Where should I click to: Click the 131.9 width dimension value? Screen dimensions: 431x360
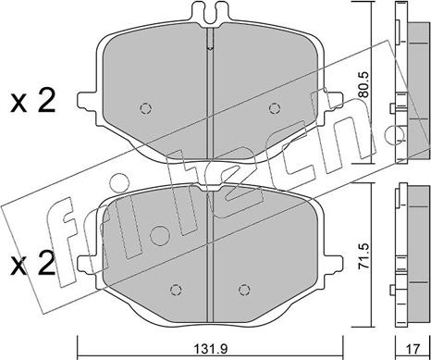click(x=211, y=350)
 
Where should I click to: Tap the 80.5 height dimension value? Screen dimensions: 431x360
click(x=364, y=85)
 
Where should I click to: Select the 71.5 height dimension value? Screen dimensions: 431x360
click(x=364, y=256)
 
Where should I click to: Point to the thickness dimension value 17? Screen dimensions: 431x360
click(x=413, y=350)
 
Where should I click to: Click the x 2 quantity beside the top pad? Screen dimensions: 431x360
click(x=32, y=100)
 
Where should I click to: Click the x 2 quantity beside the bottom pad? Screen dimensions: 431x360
click(x=32, y=263)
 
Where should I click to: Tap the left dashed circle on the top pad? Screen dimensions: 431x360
click(x=145, y=108)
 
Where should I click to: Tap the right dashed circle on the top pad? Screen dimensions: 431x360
click(x=275, y=108)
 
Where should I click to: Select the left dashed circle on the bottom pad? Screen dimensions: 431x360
click(x=176, y=290)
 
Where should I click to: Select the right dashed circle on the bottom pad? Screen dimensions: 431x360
click(x=244, y=290)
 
